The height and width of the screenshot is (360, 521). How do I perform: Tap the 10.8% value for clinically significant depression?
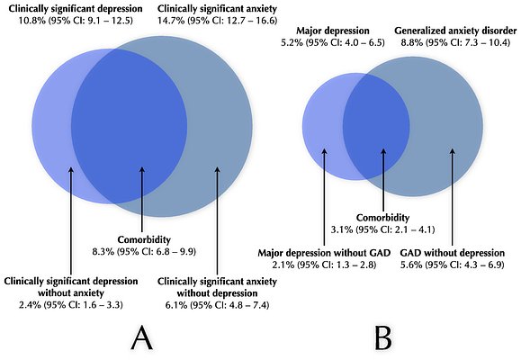pyautogui.click(x=25, y=20)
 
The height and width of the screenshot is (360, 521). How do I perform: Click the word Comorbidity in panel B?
pyautogui.click(x=383, y=217)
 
